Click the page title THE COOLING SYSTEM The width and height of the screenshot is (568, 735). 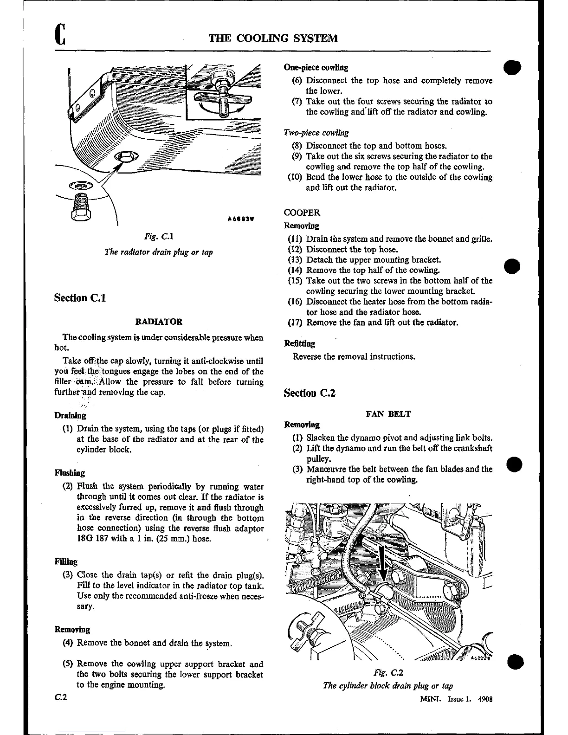(x=273, y=38)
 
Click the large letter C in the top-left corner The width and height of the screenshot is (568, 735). (x=59, y=35)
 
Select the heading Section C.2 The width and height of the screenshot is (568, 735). (x=309, y=393)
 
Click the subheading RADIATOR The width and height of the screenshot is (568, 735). (x=158, y=321)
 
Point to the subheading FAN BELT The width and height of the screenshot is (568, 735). (x=388, y=413)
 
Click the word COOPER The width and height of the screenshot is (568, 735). (x=302, y=213)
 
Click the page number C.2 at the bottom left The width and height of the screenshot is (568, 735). (x=61, y=697)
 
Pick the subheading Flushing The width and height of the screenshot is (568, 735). (x=70, y=473)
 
